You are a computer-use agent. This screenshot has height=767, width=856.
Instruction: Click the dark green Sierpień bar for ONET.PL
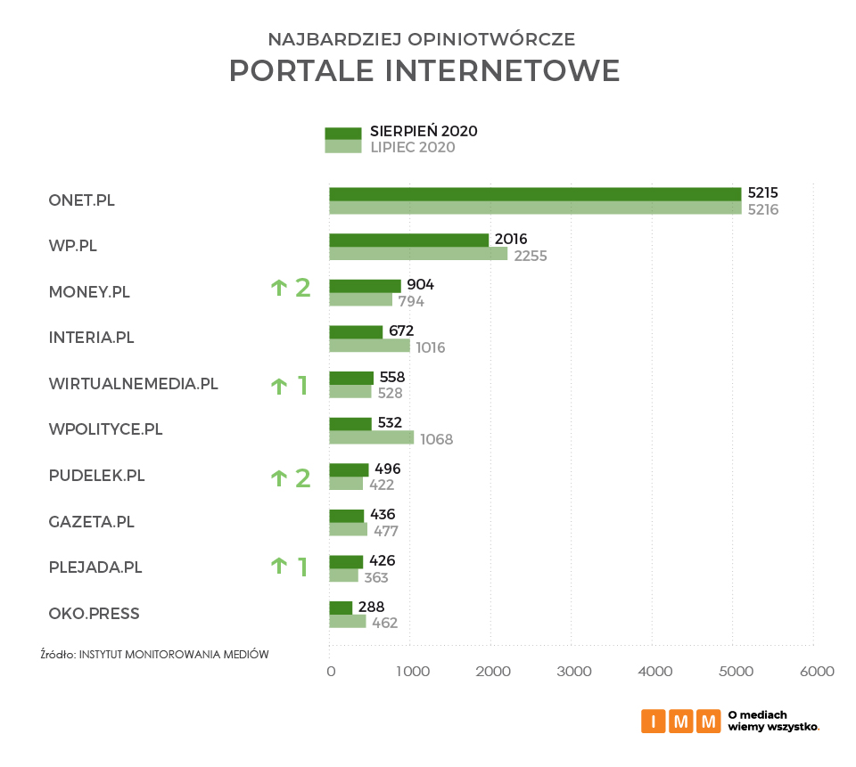(x=535, y=194)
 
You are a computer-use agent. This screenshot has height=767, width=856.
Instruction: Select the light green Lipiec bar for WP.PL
(x=418, y=254)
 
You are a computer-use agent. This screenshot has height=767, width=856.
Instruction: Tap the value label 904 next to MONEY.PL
(x=421, y=285)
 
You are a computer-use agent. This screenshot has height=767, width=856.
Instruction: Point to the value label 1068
(x=437, y=439)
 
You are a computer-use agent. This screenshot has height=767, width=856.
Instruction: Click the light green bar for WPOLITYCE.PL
(x=371, y=437)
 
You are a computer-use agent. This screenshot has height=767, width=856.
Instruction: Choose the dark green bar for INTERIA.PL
(x=356, y=332)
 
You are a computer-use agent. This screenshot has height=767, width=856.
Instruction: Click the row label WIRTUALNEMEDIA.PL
(x=133, y=384)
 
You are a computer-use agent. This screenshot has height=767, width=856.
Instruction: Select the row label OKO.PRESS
(x=94, y=614)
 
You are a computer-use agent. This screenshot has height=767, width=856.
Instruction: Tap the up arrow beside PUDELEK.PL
(x=278, y=477)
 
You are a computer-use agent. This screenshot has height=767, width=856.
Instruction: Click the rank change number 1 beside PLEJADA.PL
(x=302, y=567)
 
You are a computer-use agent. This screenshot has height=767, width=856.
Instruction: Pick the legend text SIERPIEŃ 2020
(x=424, y=131)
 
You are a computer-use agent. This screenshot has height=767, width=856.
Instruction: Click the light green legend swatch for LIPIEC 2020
(x=342, y=147)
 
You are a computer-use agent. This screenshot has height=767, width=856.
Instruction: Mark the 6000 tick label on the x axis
(x=816, y=671)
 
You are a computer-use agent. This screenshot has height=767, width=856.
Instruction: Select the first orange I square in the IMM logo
(x=653, y=722)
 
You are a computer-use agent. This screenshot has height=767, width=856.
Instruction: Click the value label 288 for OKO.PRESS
(x=371, y=608)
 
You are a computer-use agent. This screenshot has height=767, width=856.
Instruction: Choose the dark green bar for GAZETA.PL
(x=347, y=516)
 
